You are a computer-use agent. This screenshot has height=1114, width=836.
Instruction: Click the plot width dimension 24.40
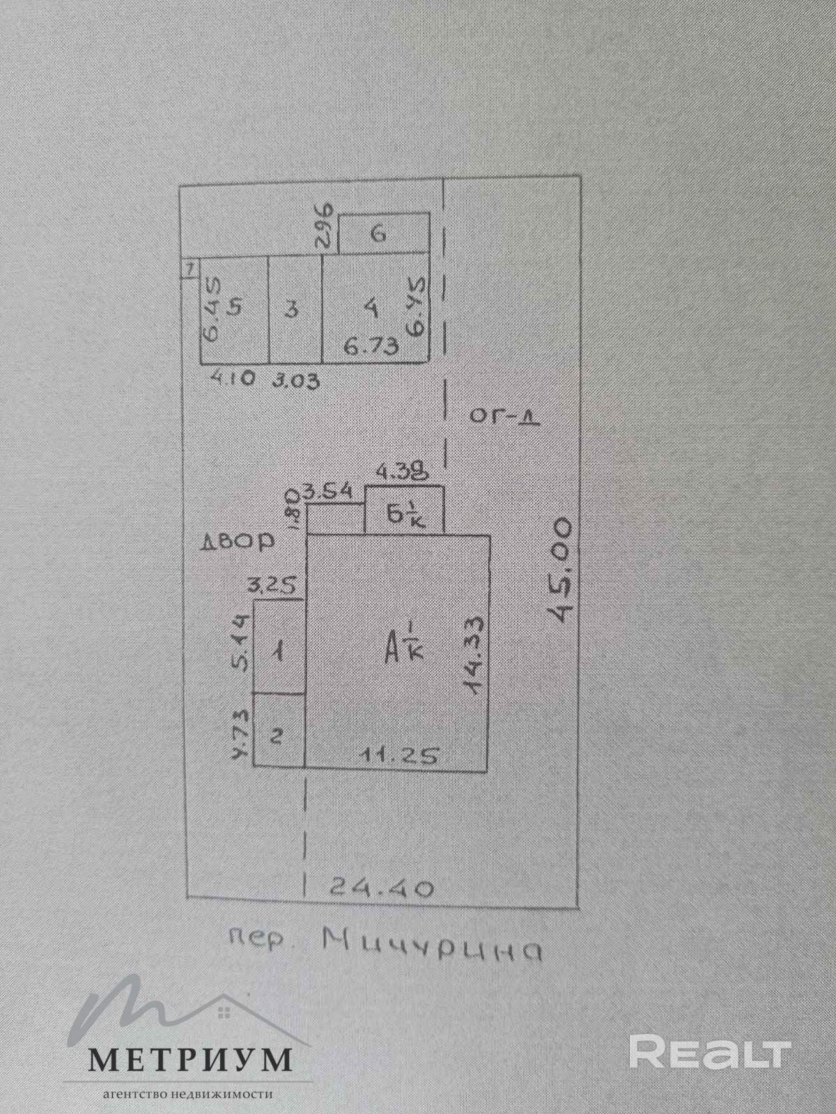(382, 888)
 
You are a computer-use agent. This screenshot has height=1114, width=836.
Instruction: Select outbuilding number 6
(378, 234)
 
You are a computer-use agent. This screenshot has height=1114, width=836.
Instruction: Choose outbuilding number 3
(293, 308)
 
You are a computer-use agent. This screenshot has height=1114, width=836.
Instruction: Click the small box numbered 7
(188, 267)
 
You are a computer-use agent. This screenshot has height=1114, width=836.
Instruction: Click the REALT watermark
(710, 1052)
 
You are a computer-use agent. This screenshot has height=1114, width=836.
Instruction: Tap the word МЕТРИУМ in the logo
(189, 1060)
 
